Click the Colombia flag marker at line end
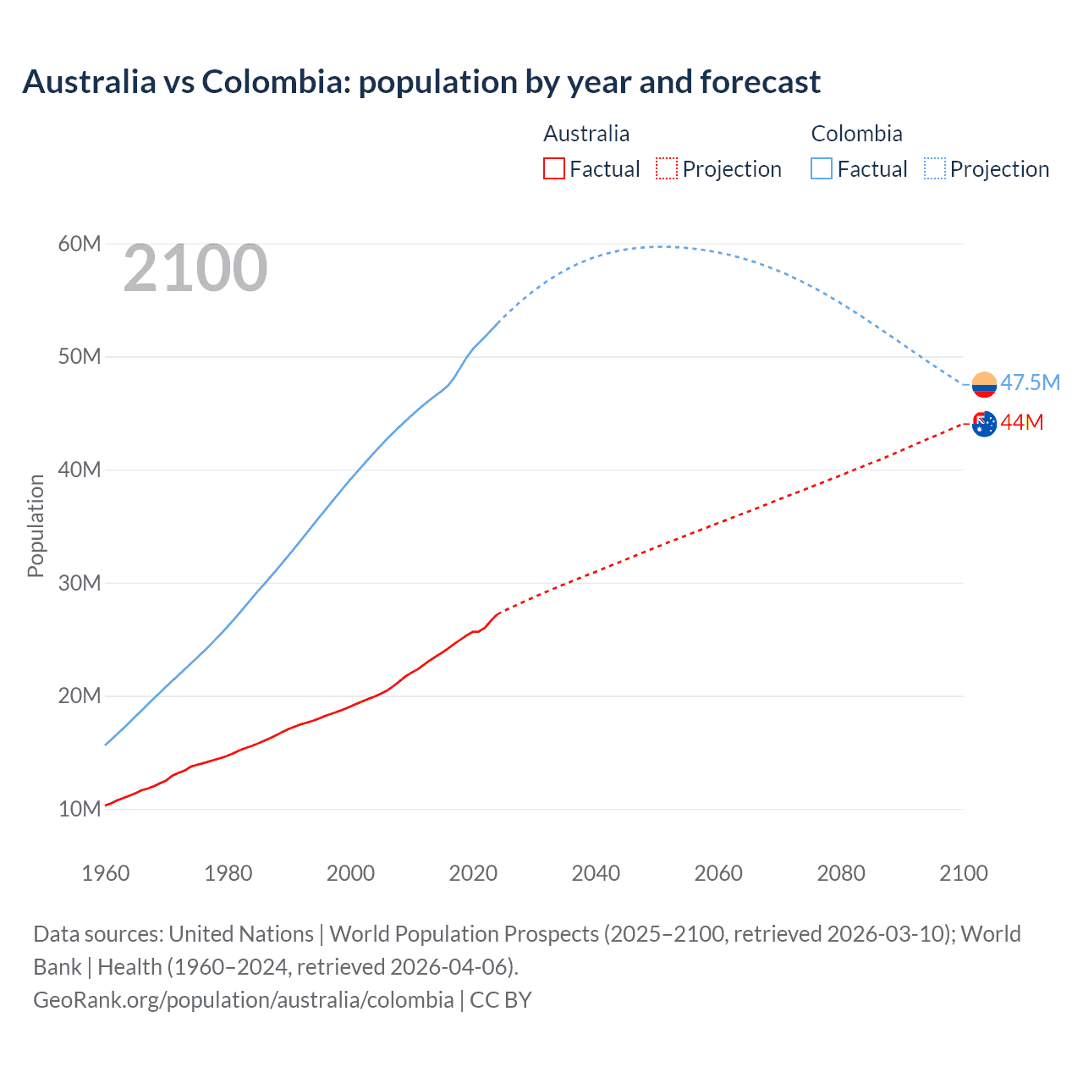click(984, 384)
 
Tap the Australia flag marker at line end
click(984, 424)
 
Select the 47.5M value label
click(1030, 382)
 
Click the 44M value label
click(1022, 422)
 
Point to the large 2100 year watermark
click(195, 268)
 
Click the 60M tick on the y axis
click(80, 244)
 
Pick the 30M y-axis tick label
click(80, 583)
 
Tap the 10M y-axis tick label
click(80, 809)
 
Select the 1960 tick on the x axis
click(106, 873)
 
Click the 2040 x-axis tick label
click(596, 873)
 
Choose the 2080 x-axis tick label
click(841, 873)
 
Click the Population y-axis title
click(36, 525)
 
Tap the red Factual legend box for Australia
click(553, 168)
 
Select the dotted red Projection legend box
click(667, 168)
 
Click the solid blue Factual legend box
click(822, 168)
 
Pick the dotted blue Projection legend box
click(935, 168)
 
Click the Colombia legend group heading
click(856, 134)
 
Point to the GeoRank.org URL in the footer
click(244, 1000)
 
